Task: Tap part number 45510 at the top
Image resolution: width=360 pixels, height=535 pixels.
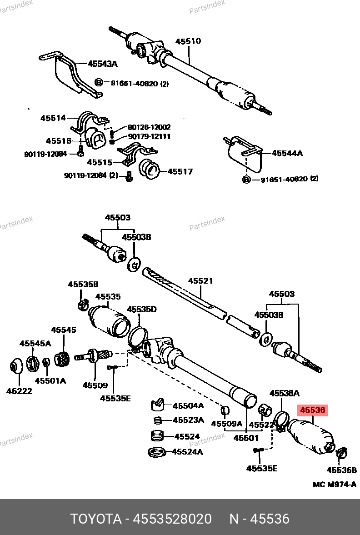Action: pyautogui.click(x=188, y=41)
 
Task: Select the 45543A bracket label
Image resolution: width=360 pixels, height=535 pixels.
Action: pyautogui.click(x=103, y=64)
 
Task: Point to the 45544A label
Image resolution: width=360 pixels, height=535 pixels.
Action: pyautogui.click(x=287, y=153)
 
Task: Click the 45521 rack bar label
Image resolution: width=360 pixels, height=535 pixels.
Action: pyautogui.click(x=200, y=281)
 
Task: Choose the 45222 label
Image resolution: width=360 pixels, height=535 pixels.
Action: pyautogui.click(x=19, y=390)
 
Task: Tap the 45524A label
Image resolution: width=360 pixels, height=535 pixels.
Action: pyautogui.click(x=188, y=452)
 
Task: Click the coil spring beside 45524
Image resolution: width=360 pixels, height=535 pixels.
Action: pyautogui.click(x=157, y=435)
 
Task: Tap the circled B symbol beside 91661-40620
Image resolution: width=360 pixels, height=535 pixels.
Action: pyautogui.click(x=99, y=83)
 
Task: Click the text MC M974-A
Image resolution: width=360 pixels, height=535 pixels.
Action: pyautogui.click(x=334, y=485)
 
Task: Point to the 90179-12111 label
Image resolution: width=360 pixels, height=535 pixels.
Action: pyautogui.click(x=149, y=136)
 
